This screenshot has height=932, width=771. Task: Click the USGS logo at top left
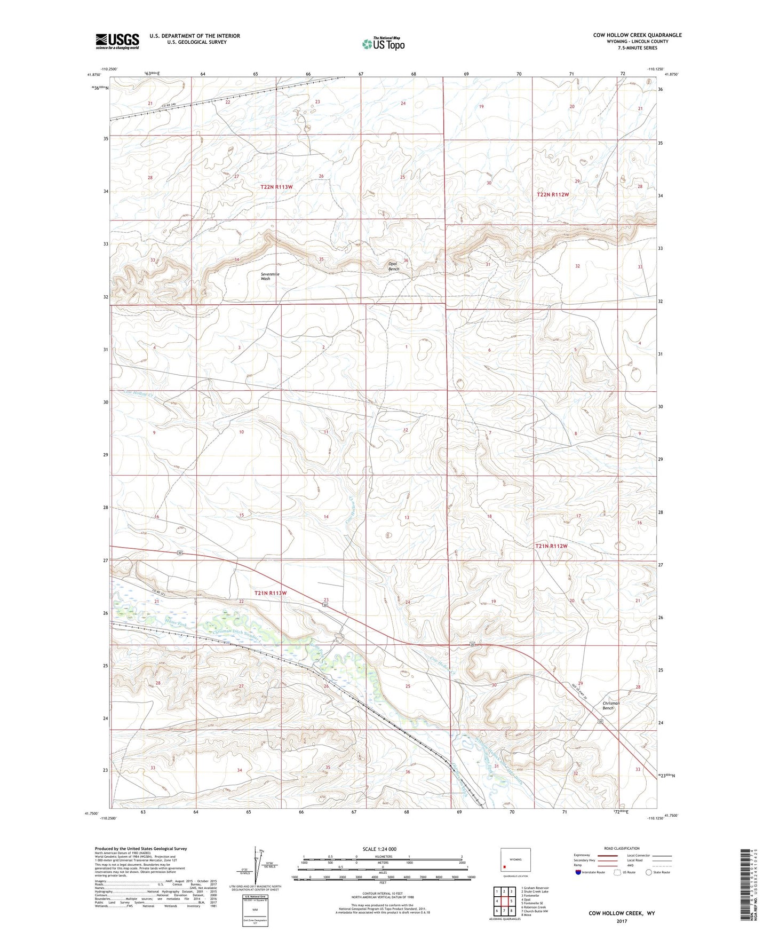coord(117,41)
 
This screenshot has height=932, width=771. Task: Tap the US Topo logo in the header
coord(383,44)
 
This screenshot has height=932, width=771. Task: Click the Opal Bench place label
coord(393,267)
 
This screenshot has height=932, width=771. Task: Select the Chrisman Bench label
coord(611,706)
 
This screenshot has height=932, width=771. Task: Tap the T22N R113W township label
coord(276,187)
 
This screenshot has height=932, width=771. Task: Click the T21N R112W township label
coord(551,546)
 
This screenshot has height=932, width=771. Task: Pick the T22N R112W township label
coord(552,195)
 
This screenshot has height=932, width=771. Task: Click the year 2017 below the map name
coord(621,921)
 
